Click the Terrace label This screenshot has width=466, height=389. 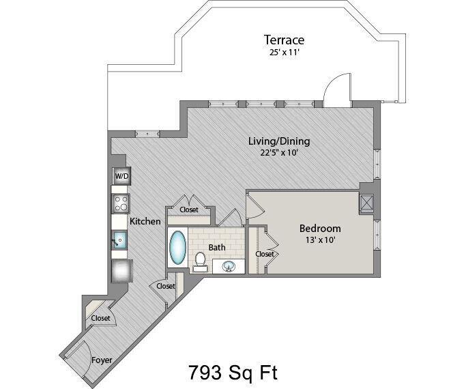tap(284, 40)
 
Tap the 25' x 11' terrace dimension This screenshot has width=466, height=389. tap(284, 53)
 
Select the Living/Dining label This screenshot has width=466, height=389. tap(279, 141)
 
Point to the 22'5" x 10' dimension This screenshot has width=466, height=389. tap(279, 153)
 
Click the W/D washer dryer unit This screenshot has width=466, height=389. tap(121, 176)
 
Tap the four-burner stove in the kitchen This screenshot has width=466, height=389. tap(120, 203)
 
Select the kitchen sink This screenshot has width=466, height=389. tap(119, 240)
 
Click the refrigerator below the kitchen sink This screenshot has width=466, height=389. tap(122, 270)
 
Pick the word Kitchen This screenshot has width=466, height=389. tap(145, 221)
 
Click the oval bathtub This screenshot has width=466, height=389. tap(177, 247)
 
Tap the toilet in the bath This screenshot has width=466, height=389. tap(199, 261)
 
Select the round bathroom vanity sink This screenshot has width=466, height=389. tap(229, 266)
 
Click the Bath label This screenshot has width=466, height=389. tap(217, 248)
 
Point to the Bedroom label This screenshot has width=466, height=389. tap(320, 229)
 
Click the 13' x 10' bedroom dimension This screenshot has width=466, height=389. tap(321, 240)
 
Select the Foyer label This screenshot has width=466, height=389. tap(102, 360)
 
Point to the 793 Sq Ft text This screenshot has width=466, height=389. tap(233, 373)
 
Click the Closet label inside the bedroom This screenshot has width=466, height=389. tap(265, 254)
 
